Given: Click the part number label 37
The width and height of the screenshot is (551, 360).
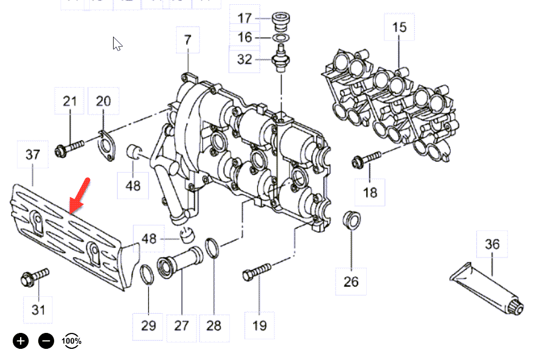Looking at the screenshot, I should pos(33,155).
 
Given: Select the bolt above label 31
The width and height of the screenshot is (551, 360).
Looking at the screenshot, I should pos(34,277).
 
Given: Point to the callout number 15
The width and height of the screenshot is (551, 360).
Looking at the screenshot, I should pos(399,27).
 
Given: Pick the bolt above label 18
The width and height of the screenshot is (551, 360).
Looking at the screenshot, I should pos(366,159).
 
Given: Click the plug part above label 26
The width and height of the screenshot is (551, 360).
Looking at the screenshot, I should pos(350,220).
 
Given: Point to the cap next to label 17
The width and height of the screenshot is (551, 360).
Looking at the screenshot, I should pos(280,21).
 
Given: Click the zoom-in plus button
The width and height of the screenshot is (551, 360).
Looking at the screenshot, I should pos(21,341).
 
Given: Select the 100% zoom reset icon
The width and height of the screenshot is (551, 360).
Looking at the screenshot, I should pos(72,341).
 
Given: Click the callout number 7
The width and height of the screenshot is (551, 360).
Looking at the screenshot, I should pos(187,40).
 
